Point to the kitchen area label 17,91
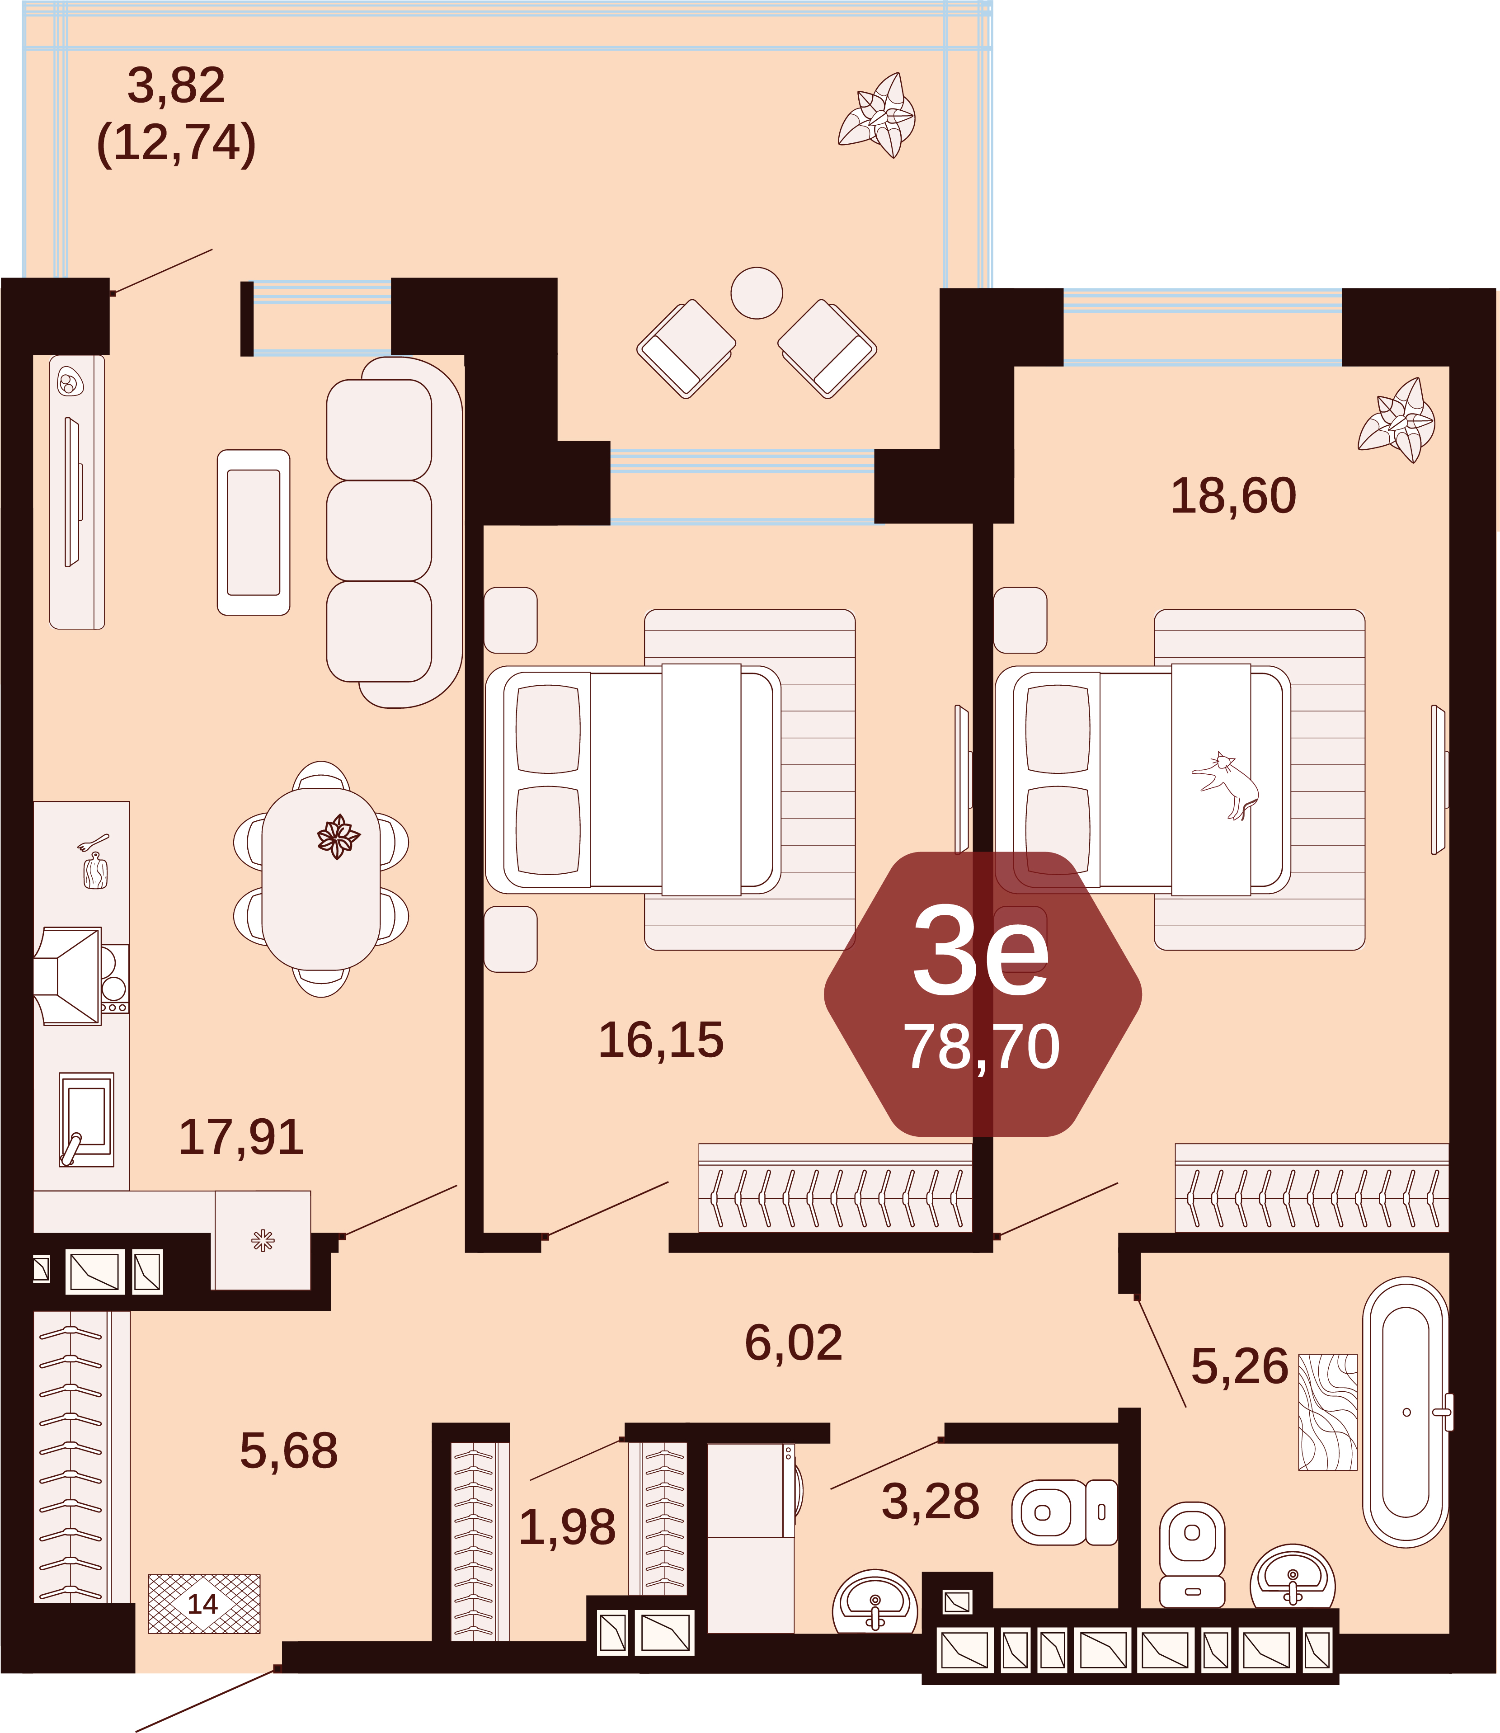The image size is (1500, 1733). [x=241, y=1137]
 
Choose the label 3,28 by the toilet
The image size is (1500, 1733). [x=930, y=1501]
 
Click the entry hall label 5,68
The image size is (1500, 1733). [x=289, y=1451]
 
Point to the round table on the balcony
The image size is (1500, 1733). [x=757, y=293]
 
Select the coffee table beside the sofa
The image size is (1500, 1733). [x=254, y=532]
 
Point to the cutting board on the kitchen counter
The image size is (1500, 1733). [x=94, y=871]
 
